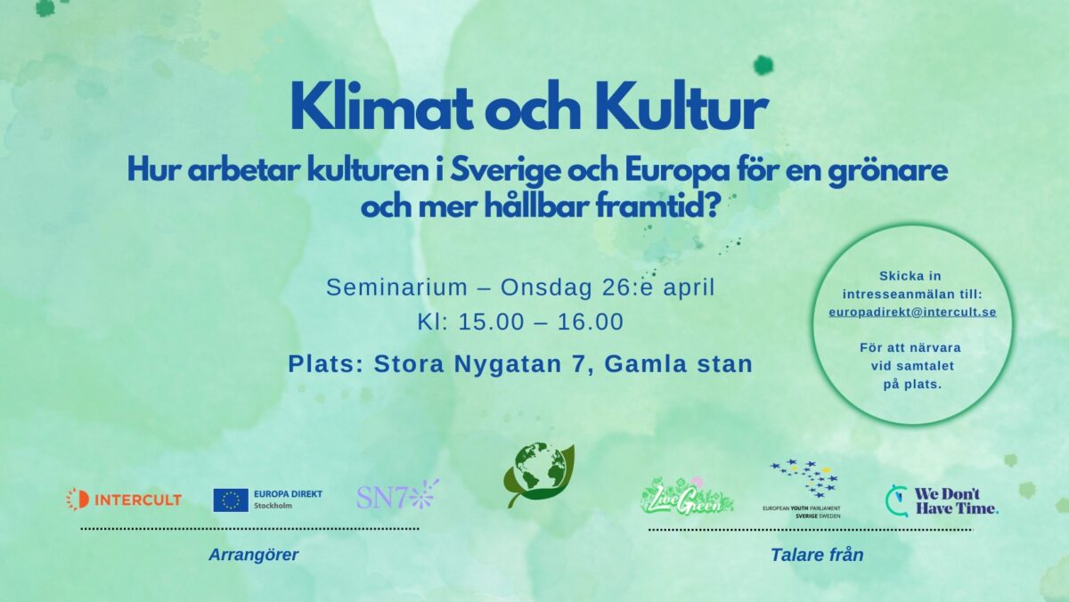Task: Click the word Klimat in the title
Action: pyautogui.click(x=382, y=106)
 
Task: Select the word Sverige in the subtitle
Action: pyautogui.click(x=505, y=172)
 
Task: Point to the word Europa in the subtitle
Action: pyautogui.click(x=677, y=172)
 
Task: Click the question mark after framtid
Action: pyautogui.click(x=713, y=206)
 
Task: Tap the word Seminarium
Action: pyautogui.click(x=396, y=288)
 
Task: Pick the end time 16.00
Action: pyautogui.click(x=591, y=322)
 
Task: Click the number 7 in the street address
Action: pyautogui.click(x=578, y=364)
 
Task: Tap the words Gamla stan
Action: pyautogui.click(x=679, y=364)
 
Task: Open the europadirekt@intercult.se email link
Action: pyautogui.click(x=912, y=312)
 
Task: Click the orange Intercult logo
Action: pyautogui.click(x=124, y=500)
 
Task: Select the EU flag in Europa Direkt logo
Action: pyautogui.click(x=231, y=500)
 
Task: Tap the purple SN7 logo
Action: pyautogui.click(x=397, y=494)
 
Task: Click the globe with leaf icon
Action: pyautogui.click(x=539, y=475)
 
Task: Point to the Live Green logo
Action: pyautogui.click(x=687, y=497)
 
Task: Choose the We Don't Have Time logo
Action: pyautogui.click(x=942, y=500)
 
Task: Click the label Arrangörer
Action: pyautogui.click(x=253, y=555)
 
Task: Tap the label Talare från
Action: pyautogui.click(x=817, y=555)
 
